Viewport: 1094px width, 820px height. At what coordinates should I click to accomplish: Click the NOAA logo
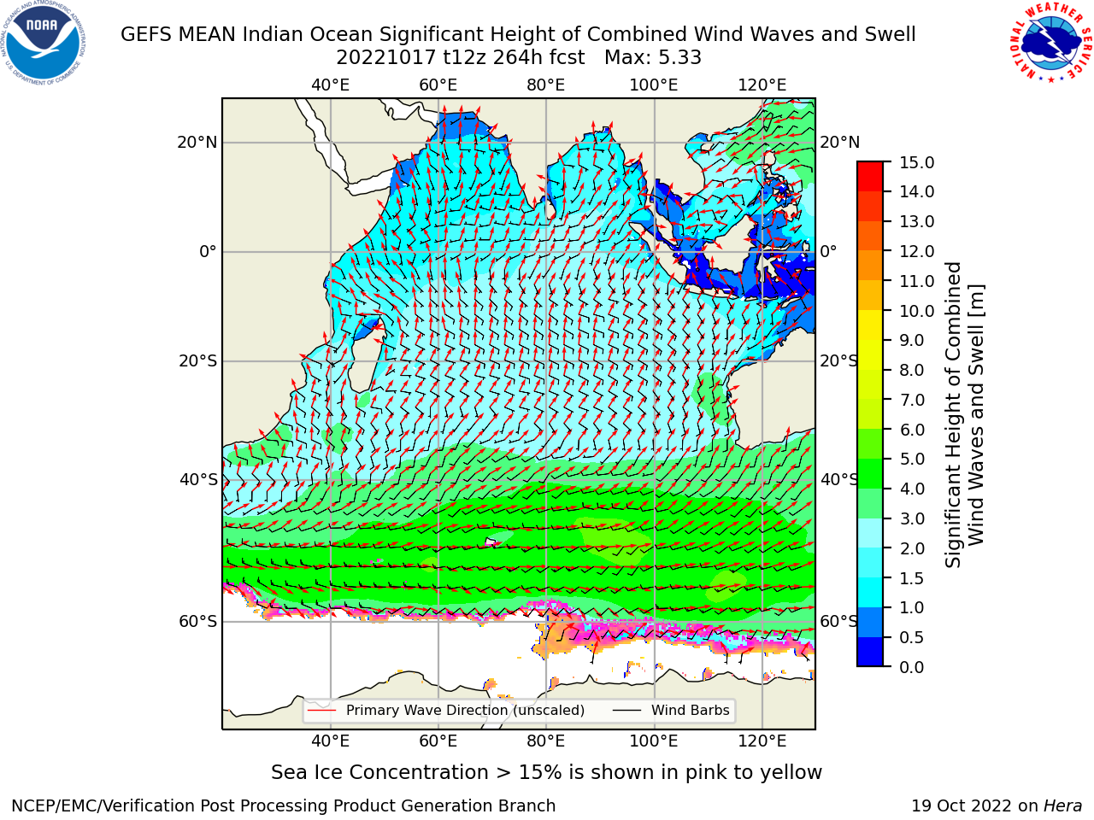point(43,43)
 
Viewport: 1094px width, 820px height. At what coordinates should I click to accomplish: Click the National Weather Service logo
point(1050,43)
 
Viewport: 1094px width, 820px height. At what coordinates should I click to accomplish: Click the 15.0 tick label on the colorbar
point(916,162)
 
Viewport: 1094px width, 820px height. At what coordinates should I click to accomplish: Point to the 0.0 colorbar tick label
point(911,666)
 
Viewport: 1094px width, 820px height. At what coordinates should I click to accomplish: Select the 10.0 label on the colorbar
point(916,311)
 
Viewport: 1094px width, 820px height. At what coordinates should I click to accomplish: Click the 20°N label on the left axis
point(197,143)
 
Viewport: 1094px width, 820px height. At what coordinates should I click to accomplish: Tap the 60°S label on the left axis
point(198,621)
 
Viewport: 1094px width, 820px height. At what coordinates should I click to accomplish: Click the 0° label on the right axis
point(828,251)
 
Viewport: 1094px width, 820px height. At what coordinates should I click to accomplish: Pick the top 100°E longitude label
point(654,85)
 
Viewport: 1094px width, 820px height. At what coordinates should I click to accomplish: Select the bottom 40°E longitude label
point(330,741)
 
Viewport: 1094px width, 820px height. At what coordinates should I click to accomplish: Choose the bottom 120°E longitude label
point(762,741)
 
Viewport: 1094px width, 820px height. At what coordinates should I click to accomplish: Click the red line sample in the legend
point(322,710)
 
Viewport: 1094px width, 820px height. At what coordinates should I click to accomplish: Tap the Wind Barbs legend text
point(690,710)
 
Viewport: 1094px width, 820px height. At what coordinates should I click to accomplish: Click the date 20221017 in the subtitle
point(385,58)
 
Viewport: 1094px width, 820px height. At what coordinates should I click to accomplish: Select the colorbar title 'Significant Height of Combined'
point(953,415)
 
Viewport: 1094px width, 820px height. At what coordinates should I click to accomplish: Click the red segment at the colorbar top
point(870,169)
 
